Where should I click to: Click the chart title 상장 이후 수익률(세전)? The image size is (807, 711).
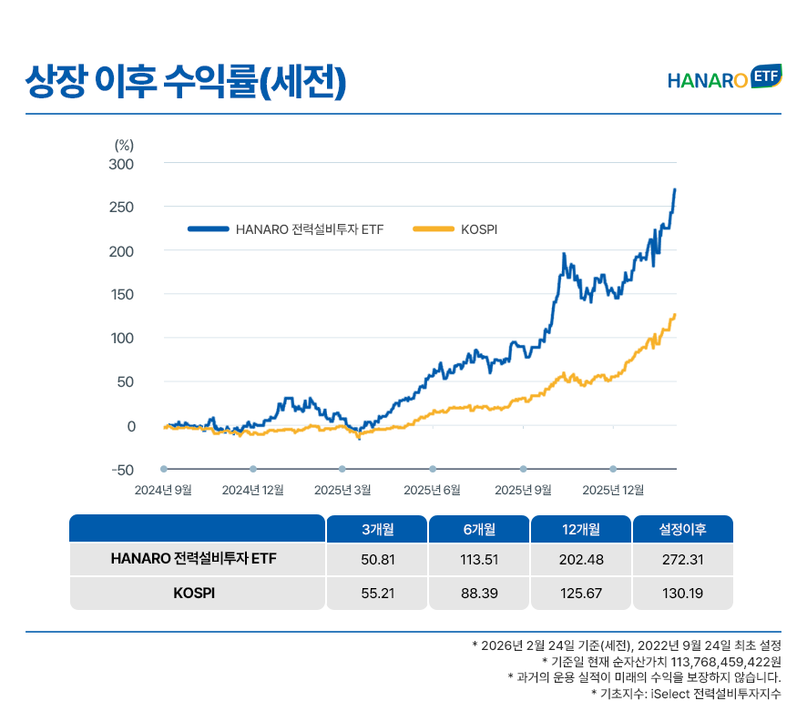click(x=187, y=81)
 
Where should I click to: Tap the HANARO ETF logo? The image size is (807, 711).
click(x=723, y=79)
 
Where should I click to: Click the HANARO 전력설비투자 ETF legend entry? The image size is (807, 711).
click(x=309, y=229)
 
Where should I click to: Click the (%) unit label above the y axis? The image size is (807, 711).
click(x=125, y=145)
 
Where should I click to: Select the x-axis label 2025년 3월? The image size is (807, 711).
click(x=342, y=490)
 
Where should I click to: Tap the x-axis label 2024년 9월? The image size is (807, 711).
click(x=163, y=490)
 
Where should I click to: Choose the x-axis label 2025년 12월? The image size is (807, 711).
click(x=613, y=490)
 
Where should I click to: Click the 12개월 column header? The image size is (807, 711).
click(x=580, y=529)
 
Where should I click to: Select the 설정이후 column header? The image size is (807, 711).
click(x=683, y=529)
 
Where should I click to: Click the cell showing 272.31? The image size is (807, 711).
click(x=683, y=559)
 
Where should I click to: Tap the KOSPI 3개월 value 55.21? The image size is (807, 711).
click(x=377, y=594)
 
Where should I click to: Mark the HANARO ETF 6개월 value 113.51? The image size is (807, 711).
click(x=478, y=559)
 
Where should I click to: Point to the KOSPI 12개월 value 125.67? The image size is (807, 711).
click(x=580, y=594)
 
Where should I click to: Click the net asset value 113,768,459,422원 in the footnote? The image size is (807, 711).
click(x=725, y=661)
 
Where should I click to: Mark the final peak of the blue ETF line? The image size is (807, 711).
click(x=675, y=189)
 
